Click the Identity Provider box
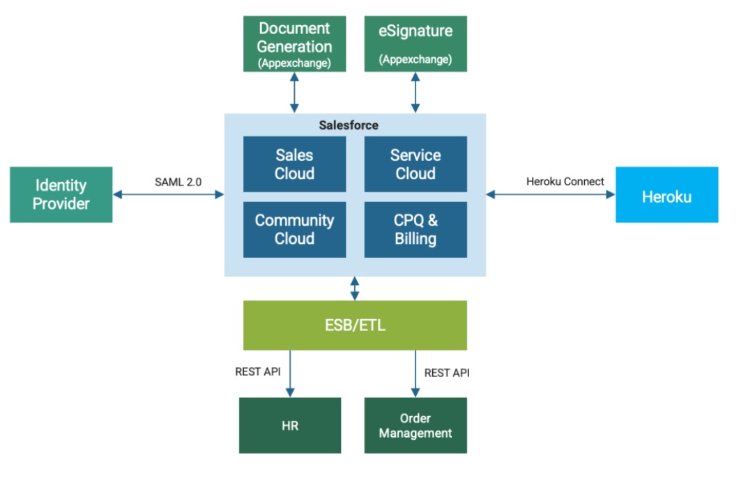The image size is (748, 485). coord(61,194)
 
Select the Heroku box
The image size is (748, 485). coord(666,195)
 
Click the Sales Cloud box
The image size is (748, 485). coord(294,164)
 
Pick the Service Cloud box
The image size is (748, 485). coord(415,164)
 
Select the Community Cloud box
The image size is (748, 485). coord(294,229)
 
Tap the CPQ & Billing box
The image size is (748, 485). coord(415,229)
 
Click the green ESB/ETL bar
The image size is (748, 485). coord(355,325)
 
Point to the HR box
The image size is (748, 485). coord(290,425)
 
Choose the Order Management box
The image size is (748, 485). coord(415,425)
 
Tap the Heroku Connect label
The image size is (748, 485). coord(565,182)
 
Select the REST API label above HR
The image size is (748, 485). coord(258,371)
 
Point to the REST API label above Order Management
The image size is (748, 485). coord(447,373)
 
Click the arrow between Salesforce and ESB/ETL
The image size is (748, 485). coord(355,288)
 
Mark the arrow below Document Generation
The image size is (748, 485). coord(294,92)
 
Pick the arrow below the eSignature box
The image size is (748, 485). coord(415,92)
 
